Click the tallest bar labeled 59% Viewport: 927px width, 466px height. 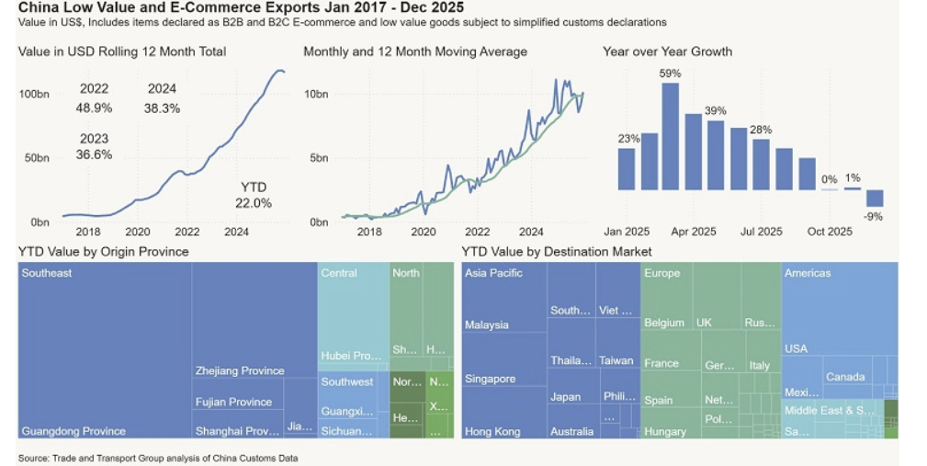[670, 136]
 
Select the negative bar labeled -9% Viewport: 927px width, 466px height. [874, 199]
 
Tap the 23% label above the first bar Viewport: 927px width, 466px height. [628, 139]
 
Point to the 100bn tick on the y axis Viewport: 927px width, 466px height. [34, 94]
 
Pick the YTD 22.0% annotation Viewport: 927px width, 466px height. [254, 195]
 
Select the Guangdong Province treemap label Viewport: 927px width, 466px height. [73, 431]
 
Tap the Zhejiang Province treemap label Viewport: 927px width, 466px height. [240, 371]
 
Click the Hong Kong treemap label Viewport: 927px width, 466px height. [492, 432]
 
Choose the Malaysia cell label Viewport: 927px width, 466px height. [487, 325]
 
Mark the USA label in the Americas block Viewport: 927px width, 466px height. [796, 349]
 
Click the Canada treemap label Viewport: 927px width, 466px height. [845, 377]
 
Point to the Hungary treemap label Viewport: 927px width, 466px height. [665, 432]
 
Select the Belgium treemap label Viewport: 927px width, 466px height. [664, 324]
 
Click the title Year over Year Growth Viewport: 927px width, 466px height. [667, 51]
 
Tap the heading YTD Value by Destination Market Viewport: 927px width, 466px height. [557, 251]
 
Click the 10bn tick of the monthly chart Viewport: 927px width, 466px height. [316, 94]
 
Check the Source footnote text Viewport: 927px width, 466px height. [158, 457]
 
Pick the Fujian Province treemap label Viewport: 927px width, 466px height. [233, 402]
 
